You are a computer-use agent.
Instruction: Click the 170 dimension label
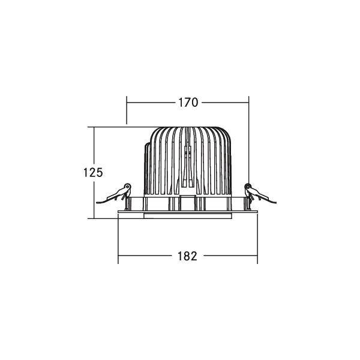[x=187, y=103]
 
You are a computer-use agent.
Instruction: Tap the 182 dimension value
[x=187, y=256]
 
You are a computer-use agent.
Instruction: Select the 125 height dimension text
[x=93, y=172]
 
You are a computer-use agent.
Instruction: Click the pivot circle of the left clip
[x=127, y=187]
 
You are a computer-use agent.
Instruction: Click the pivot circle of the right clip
[x=248, y=186]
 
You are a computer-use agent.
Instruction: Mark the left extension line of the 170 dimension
[x=127, y=111]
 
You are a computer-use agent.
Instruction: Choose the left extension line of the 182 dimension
[x=118, y=240]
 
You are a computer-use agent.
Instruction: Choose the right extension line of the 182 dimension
[x=257, y=240]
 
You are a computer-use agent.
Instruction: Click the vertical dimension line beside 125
[x=94, y=198]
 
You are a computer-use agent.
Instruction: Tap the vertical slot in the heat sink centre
[x=187, y=162]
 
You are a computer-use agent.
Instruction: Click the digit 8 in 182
[x=187, y=256]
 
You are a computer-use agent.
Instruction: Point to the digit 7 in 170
[x=187, y=103]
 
